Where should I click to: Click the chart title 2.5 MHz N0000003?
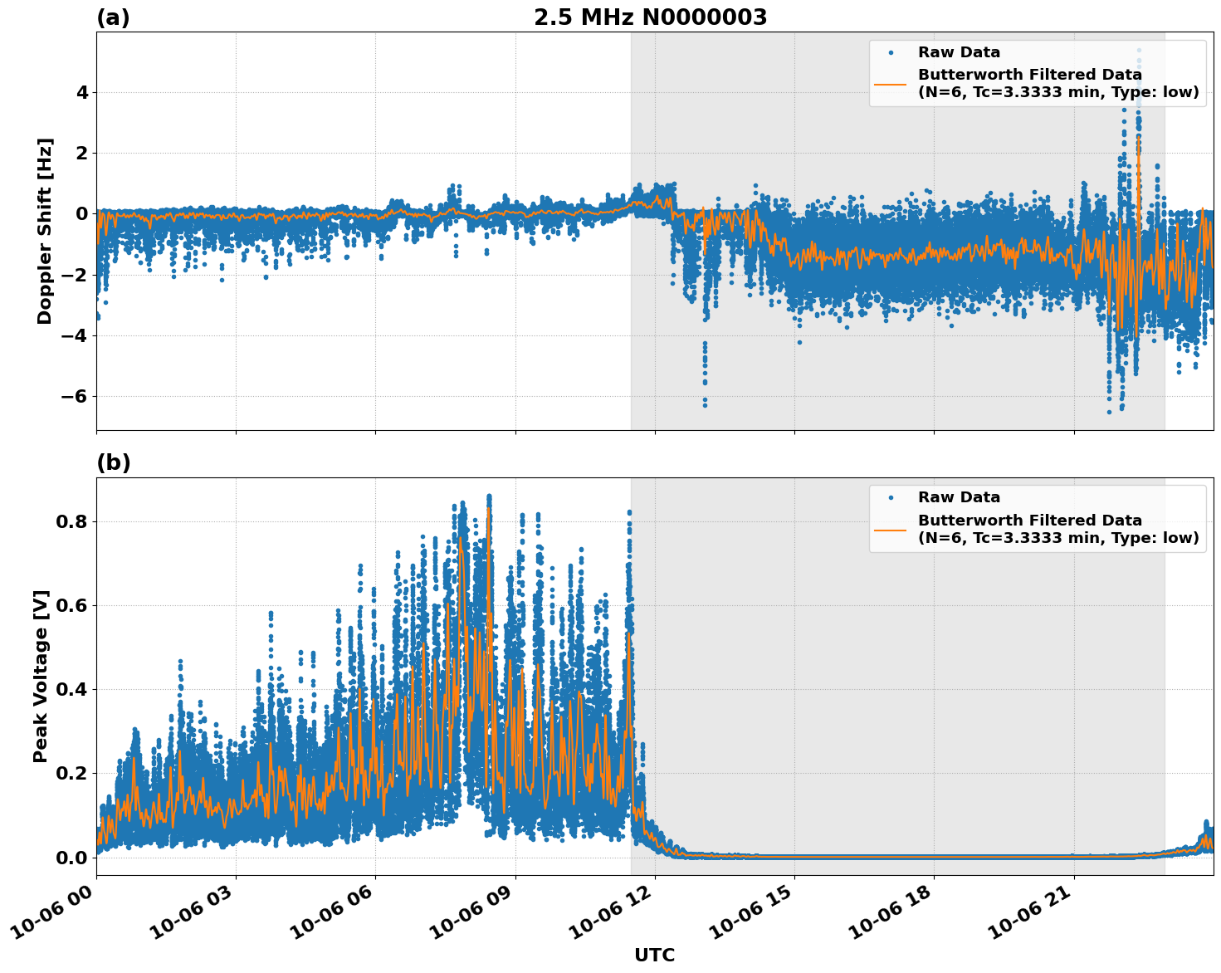pyautogui.click(x=650, y=17)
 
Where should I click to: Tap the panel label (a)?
pyautogui.click(x=113, y=17)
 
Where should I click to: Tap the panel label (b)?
pyautogui.click(x=113, y=462)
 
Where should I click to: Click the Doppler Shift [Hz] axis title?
pyautogui.click(x=45, y=231)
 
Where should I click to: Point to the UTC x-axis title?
pyautogui.click(x=654, y=955)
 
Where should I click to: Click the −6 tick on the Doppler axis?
pyautogui.click(x=74, y=396)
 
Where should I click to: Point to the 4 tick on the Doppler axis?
pyautogui.click(x=82, y=92)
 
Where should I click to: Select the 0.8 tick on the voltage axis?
pyautogui.click(x=71, y=521)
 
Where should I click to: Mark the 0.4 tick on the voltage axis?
pyautogui.click(x=71, y=689)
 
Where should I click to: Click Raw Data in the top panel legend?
pyautogui.click(x=959, y=52)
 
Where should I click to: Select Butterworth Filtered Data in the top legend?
pyautogui.click(x=1029, y=75)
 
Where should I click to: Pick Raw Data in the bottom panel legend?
pyautogui.click(x=959, y=497)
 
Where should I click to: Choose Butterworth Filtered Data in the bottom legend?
pyautogui.click(x=1029, y=521)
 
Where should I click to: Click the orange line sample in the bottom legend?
pyautogui.click(x=890, y=529)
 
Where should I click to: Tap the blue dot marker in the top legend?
pyautogui.click(x=890, y=52)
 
